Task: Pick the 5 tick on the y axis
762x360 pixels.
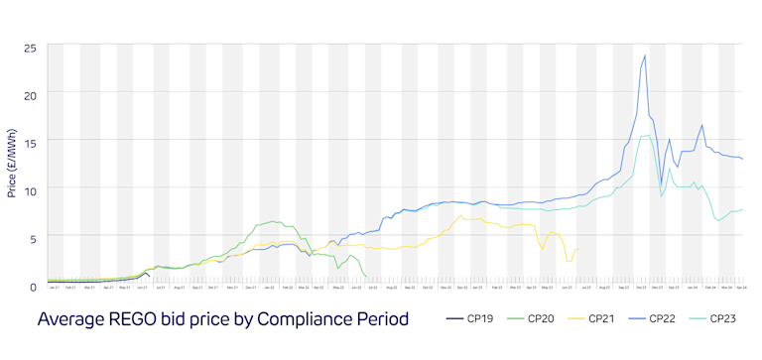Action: [x=33, y=237]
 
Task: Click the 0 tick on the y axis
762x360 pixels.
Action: [x=33, y=285]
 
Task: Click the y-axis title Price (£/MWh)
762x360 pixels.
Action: [x=11, y=164]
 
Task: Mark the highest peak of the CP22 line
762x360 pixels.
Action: [x=645, y=56]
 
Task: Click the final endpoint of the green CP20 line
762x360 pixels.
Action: [x=367, y=277]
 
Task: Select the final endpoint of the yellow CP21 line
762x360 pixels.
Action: [x=577, y=250]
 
